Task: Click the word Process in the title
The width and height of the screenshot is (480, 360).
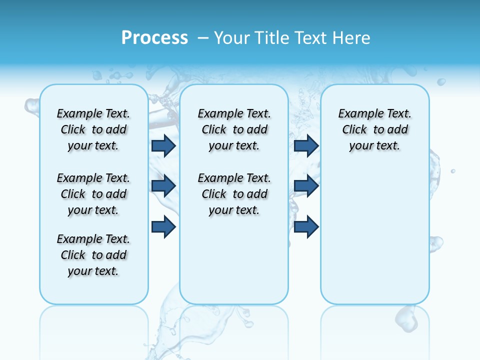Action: point(154,37)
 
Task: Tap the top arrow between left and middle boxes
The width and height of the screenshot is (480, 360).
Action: point(163,145)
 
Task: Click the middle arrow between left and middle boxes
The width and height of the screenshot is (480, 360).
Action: point(163,186)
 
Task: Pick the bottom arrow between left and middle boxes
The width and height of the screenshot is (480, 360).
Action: point(163,227)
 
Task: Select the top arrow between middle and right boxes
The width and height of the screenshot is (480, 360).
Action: point(306,145)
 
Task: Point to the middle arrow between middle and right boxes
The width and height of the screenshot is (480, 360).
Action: point(306,186)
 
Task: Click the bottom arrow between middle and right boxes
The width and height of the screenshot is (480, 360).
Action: point(306,227)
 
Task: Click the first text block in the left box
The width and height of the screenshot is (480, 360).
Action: point(93,129)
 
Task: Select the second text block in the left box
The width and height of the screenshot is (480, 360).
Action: point(93,194)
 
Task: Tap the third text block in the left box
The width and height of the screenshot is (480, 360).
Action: point(93,255)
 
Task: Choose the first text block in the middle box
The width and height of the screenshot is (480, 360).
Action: point(234,129)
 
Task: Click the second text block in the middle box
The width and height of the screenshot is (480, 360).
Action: point(234,194)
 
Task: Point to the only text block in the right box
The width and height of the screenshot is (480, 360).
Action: point(374,129)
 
